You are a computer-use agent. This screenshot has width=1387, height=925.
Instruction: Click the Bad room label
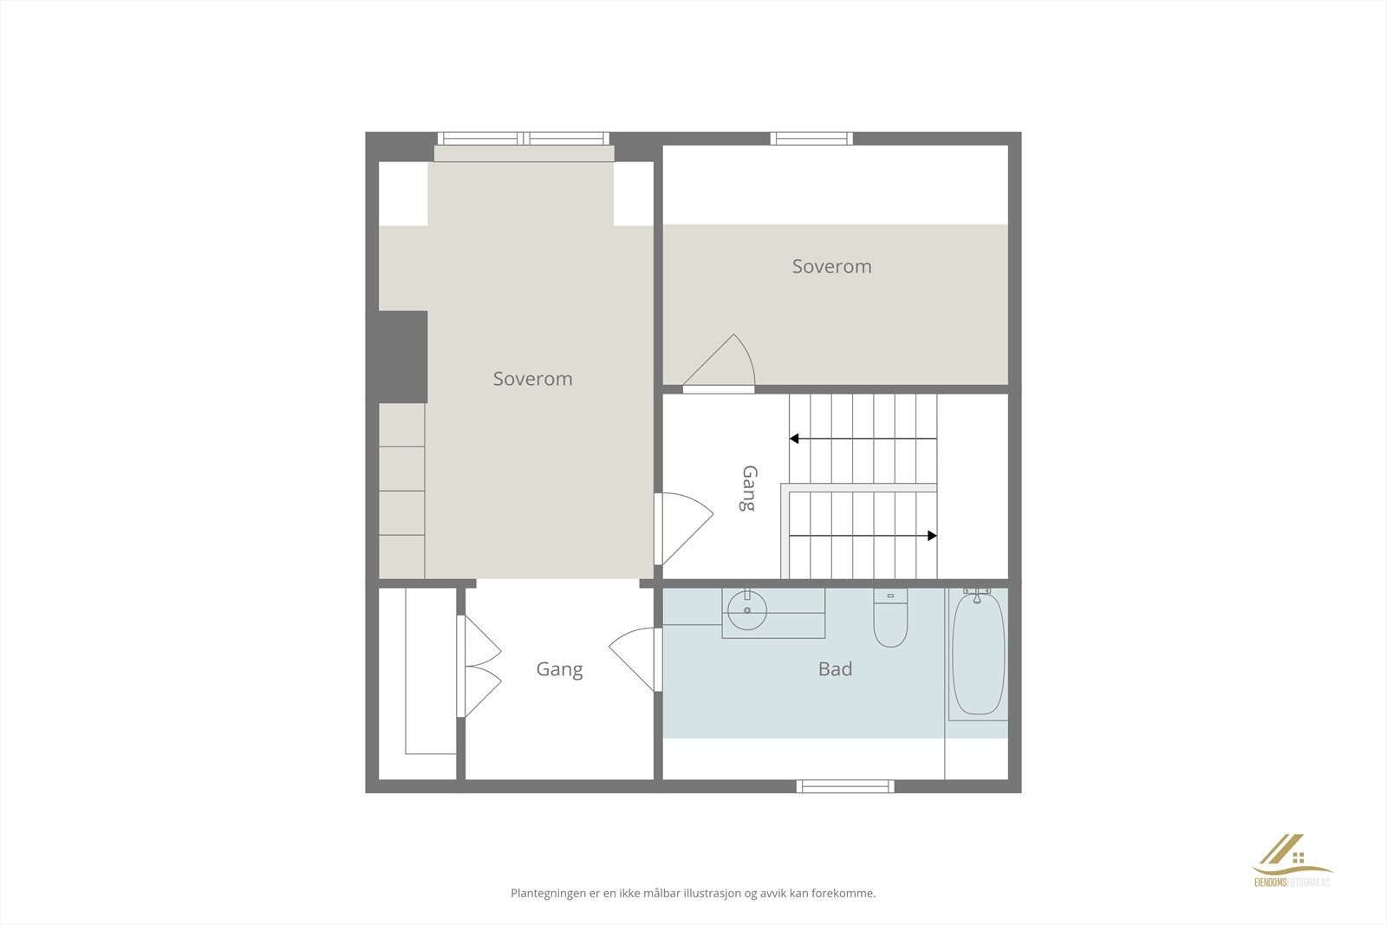[835, 668]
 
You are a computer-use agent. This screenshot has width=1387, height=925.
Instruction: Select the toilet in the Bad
[890, 619]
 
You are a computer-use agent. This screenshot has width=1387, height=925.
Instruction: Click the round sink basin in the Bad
[746, 611]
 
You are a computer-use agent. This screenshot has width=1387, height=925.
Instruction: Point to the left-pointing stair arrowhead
[794, 440]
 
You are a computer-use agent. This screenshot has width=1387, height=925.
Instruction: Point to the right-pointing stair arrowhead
[932, 536]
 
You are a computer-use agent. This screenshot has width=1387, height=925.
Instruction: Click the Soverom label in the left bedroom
[532, 379]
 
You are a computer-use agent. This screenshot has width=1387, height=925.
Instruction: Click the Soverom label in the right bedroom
[831, 266]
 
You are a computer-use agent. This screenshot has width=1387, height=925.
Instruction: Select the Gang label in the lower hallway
[559, 669]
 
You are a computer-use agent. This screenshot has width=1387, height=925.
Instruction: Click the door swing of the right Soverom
[726, 363]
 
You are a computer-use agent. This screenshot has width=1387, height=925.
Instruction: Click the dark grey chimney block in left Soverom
[403, 356]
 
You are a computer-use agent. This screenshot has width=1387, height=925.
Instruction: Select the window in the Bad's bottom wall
[845, 786]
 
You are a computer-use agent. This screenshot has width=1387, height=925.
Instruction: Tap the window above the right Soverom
[811, 139]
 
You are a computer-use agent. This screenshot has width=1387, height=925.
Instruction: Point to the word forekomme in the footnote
[842, 893]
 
